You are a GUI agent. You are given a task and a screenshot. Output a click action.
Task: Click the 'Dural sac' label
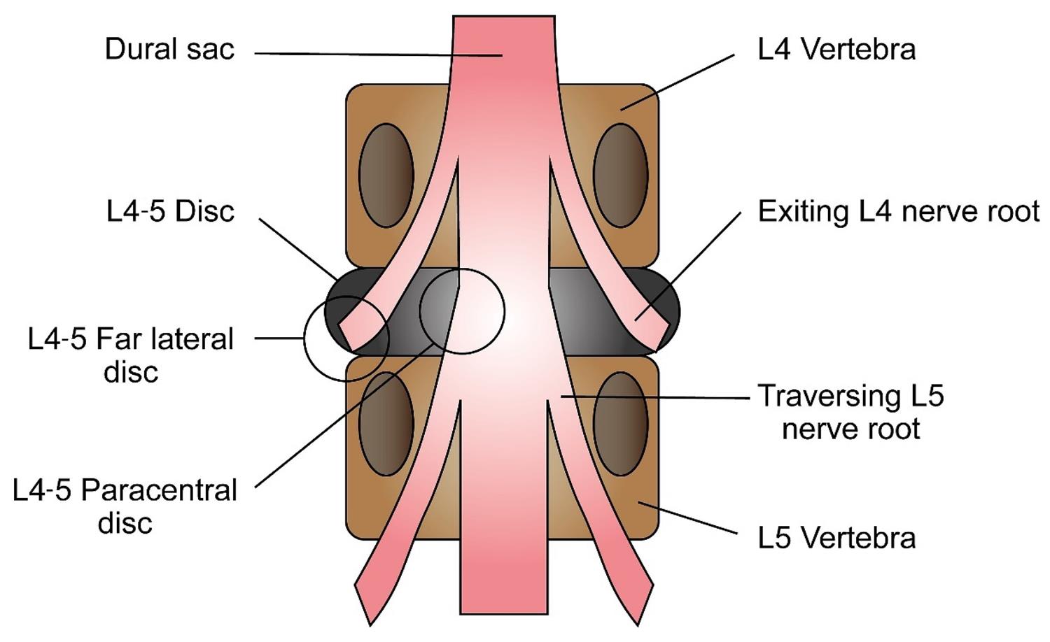click(x=169, y=50)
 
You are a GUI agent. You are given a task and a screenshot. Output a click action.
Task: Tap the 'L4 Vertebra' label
click(x=836, y=50)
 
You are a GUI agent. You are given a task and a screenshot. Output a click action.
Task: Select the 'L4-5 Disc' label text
click(x=170, y=211)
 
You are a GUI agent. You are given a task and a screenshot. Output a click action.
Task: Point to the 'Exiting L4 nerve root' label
click(x=898, y=211)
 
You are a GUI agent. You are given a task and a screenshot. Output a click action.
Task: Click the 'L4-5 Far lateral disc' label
click(x=131, y=355)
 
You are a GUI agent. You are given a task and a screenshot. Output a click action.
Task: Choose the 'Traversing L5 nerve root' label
click(x=850, y=412)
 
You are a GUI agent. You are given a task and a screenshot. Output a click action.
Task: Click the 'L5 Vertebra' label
click(x=836, y=538)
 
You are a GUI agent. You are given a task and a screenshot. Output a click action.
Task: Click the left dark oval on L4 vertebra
click(x=386, y=176)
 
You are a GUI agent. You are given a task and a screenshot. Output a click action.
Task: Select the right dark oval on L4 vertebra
click(x=620, y=176)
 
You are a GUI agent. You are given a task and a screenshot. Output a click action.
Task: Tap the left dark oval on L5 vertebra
click(x=386, y=424)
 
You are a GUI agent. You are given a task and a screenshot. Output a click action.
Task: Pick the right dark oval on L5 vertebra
click(x=620, y=424)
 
